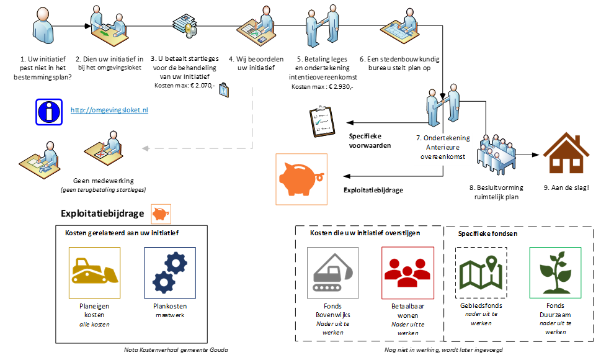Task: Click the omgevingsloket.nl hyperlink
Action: tap(109, 110)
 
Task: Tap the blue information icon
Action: tap(50, 111)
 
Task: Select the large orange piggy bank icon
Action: tap(301, 179)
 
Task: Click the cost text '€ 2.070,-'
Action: tap(202, 84)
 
